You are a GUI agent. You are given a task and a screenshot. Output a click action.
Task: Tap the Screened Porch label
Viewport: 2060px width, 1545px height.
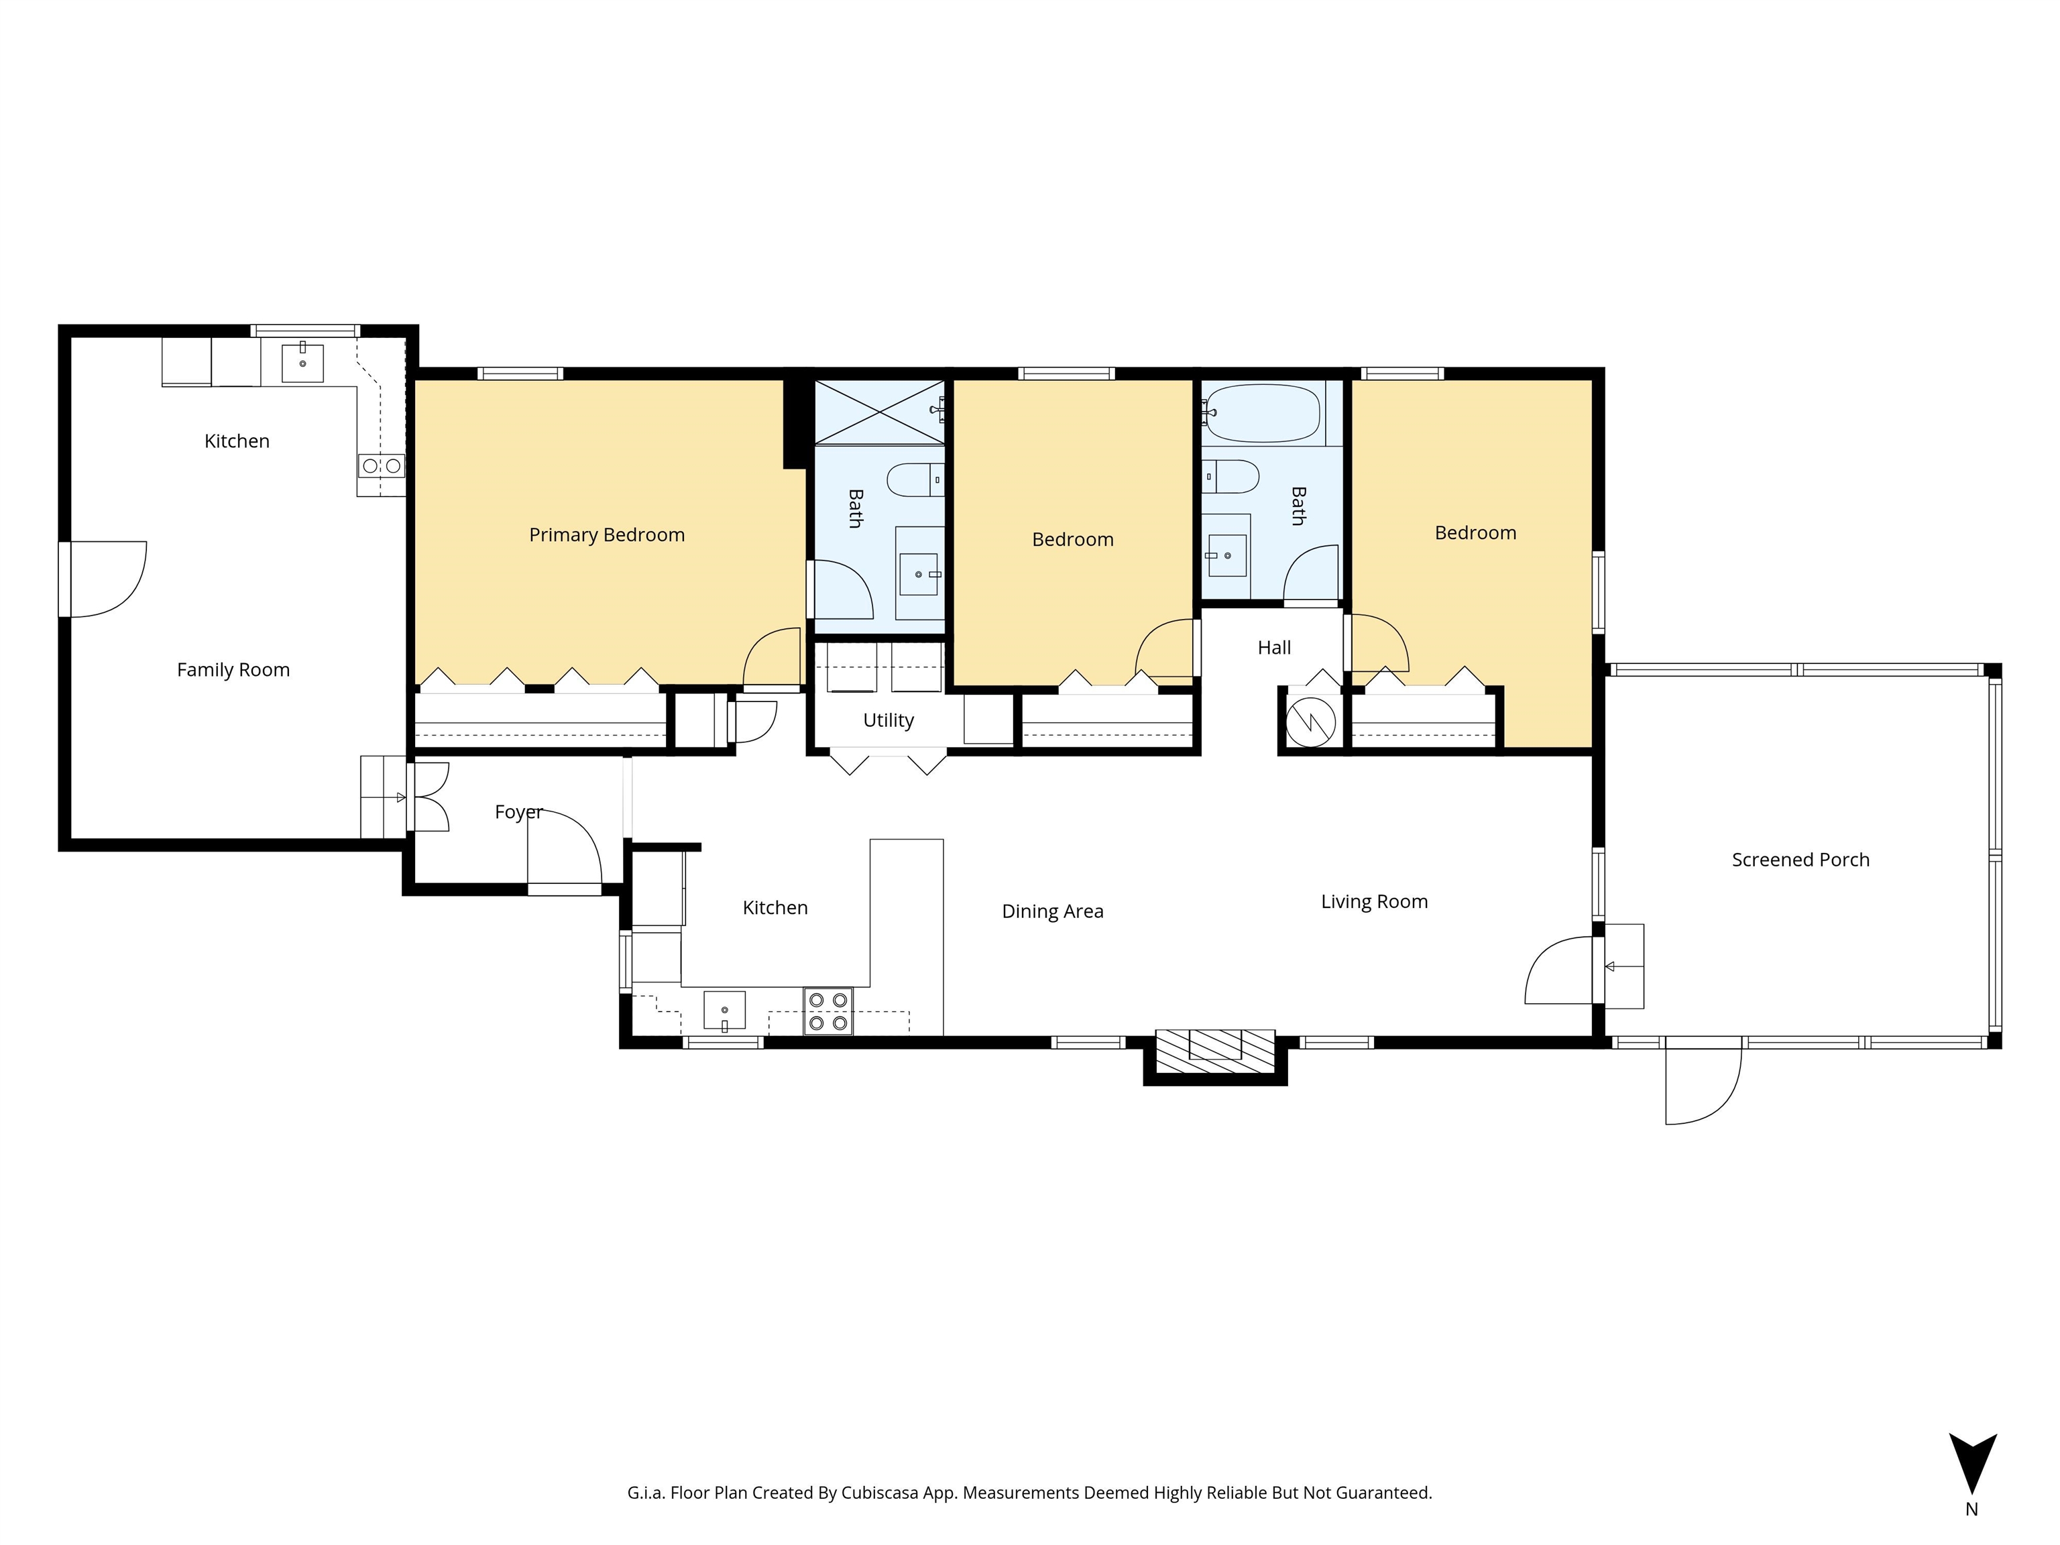coord(1800,860)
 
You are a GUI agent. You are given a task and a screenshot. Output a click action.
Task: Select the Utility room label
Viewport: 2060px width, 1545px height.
coord(889,721)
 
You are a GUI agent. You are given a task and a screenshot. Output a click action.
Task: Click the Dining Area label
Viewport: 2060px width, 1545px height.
coord(1052,912)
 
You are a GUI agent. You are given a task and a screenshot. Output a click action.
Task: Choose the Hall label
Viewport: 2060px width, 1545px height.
coord(1274,647)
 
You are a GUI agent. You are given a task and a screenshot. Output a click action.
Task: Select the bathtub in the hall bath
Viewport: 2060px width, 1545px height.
coord(1262,412)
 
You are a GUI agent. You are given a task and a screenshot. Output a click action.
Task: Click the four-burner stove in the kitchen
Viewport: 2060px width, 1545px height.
coord(828,1011)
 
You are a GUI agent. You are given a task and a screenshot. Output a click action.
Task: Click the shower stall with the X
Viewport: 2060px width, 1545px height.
coord(880,412)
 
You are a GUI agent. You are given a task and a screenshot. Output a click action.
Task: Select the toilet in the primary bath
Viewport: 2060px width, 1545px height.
coord(915,479)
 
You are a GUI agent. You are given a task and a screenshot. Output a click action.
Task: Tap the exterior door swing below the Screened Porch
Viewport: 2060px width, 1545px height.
coord(1703,1087)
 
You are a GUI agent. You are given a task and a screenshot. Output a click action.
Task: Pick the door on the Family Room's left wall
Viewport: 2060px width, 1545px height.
coord(103,579)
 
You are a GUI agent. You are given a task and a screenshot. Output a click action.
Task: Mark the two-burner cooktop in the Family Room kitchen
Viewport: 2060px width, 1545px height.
coord(382,465)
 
